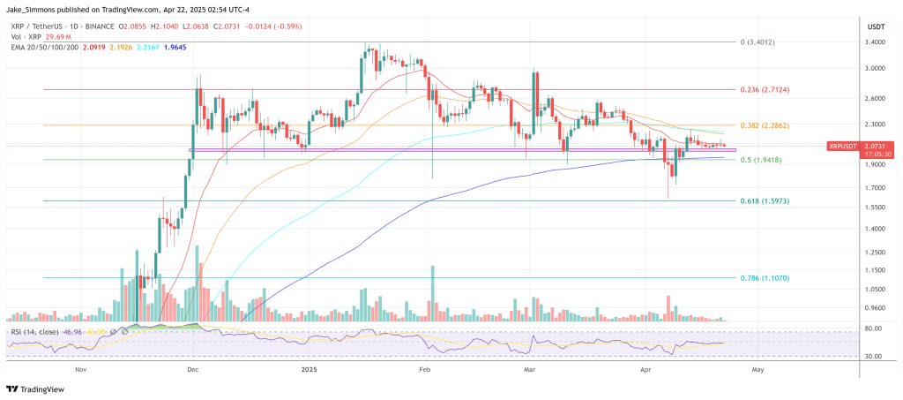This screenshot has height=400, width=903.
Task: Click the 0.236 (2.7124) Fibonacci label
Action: [x=765, y=90]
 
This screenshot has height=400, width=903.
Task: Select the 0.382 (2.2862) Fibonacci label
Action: [x=765, y=125]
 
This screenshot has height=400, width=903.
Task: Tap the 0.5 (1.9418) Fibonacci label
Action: [x=761, y=160]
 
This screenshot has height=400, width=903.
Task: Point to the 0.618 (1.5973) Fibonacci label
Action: [x=765, y=201]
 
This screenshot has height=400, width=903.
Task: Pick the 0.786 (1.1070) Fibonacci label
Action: [x=765, y=277]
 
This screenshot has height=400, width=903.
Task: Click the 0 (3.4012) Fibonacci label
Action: [x=759, y=42]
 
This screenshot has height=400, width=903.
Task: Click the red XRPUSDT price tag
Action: [x=848, y=146]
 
